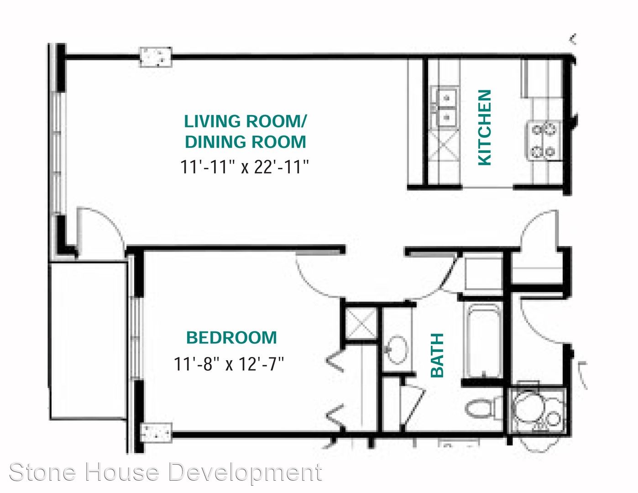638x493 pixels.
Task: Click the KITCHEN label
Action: [485, 127]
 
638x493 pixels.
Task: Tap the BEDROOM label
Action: [232, 338]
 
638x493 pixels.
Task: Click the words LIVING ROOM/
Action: [245, 121]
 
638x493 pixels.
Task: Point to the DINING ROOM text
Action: [246, 142]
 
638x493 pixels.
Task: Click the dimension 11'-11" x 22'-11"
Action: [245, 167]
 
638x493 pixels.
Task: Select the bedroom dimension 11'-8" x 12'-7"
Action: [229, 364]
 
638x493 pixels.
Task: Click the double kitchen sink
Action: [445, 108]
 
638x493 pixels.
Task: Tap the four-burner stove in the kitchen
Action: [544, 141]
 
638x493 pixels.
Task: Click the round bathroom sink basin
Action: [397, 349]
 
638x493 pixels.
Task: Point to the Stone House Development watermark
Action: [166, 472]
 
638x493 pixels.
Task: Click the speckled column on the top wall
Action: [156, 57]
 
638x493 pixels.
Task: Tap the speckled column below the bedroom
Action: [156, 432]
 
